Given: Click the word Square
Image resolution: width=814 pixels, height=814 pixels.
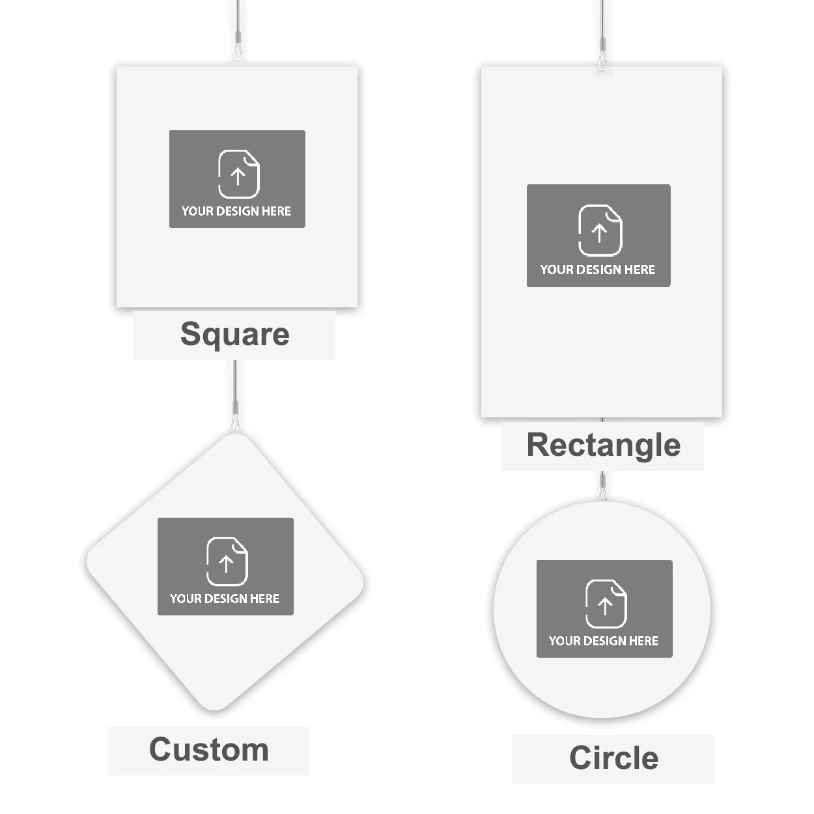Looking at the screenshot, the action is [x=235, y=335].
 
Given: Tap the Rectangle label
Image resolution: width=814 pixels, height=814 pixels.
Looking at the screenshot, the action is [x=603, y=446].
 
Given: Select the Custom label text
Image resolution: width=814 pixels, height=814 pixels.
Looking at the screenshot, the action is [x=208, y=750].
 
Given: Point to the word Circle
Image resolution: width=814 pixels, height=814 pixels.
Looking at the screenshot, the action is [x=614, y=758].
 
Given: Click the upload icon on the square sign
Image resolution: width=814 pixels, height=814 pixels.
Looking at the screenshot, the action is [x=239, y=174].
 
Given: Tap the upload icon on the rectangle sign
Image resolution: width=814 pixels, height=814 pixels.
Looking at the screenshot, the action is [x=600, y=231].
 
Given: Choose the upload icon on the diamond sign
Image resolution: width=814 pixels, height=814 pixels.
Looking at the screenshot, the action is [x=227, y=561].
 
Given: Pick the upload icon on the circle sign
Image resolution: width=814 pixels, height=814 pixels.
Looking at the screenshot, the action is [x=606, y=604].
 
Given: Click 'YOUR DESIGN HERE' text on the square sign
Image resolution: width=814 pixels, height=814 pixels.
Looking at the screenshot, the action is [x=236, y=211].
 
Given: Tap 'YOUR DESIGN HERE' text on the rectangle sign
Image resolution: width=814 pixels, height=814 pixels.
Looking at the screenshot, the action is [x=598, y=270].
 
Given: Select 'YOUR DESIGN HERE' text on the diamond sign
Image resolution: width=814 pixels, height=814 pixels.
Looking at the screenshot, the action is [x=225, y=598].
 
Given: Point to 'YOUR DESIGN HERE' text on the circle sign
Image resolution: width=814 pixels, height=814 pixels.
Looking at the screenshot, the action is [x=604, y=641].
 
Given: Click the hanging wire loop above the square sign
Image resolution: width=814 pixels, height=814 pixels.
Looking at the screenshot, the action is [x=238, y=51].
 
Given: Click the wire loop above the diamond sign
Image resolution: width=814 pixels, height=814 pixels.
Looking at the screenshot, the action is [x=236, y=423].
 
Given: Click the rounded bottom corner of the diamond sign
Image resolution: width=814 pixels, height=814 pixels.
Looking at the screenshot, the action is [x=215, y=707].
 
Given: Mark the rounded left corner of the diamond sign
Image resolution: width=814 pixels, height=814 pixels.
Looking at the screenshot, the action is [x=90, y=561].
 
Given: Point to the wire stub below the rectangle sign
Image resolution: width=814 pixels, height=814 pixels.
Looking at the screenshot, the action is [x=602, y=420].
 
